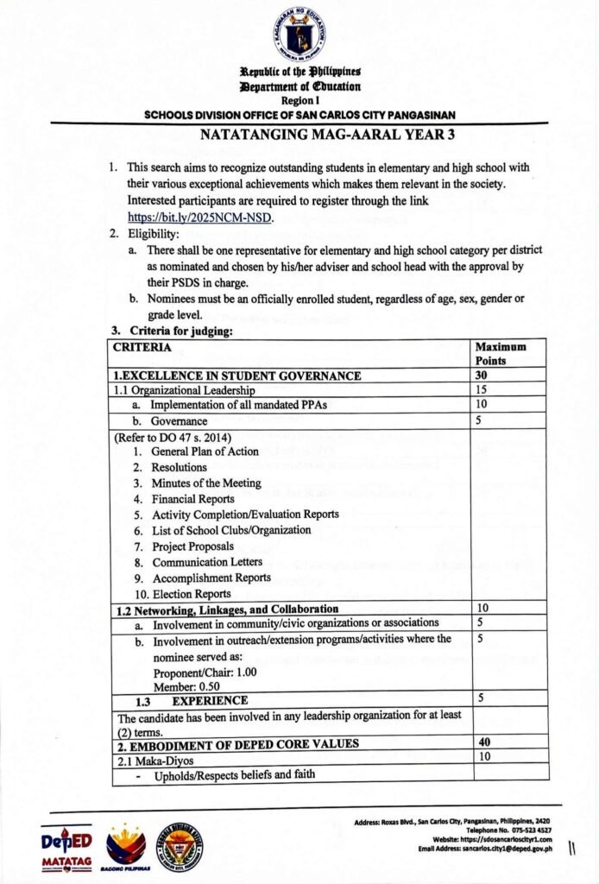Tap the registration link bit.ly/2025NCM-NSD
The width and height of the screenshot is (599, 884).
point(199,218)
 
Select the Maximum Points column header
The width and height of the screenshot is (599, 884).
point(500,353)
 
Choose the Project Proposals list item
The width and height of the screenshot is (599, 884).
point(192,546)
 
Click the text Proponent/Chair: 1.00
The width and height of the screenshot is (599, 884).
point(196,672)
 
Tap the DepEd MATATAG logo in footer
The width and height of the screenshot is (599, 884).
point(66,848)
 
